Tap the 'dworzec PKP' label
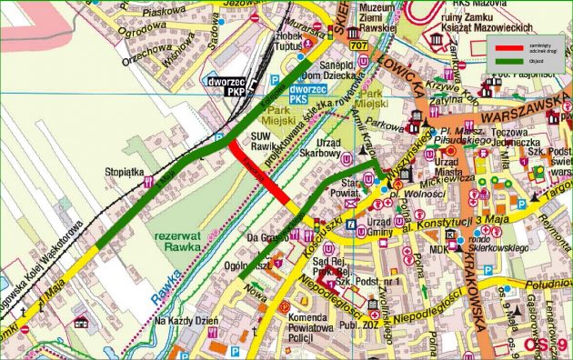(230, 86)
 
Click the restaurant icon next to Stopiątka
(147, 182)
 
